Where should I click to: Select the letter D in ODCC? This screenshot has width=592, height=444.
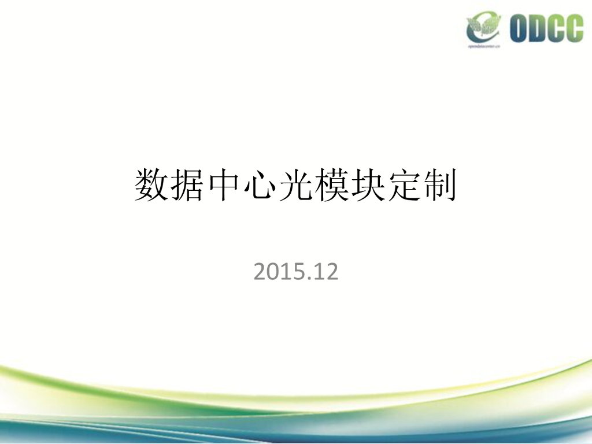pyautogui.click(x=539, y=28)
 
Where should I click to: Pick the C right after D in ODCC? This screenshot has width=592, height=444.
pyautogui.click(x=557, y=28)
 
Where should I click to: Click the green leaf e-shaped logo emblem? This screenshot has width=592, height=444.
pyautogui.click(x=484, y=26)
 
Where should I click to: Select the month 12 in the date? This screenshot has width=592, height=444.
pyautogui.click(x=325, y=272)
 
